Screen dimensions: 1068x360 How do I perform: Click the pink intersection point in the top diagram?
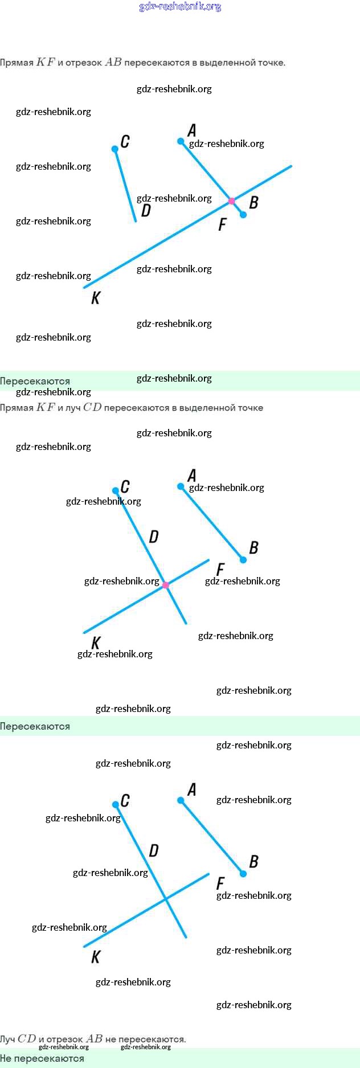point(231,201)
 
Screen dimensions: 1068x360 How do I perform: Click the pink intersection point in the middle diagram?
point(166,585)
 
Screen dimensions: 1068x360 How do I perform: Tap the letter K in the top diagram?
point(96,297)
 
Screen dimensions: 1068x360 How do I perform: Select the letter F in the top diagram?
point(222,224)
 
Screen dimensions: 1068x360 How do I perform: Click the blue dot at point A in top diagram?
point(181,141)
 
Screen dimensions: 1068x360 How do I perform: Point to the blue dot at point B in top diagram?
point(243,215)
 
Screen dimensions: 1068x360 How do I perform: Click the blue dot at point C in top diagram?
point(115,149)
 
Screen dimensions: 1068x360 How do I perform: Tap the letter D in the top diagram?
point(146,211)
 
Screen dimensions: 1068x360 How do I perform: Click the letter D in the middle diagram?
point(153,537)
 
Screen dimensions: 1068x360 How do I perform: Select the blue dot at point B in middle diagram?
point(243,560)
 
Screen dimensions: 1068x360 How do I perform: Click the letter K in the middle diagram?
point(96,643)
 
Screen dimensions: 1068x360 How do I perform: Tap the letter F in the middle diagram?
point(220,569)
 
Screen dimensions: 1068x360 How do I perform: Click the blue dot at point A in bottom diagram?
point(181,800)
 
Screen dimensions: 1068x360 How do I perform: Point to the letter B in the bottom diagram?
point(253,861)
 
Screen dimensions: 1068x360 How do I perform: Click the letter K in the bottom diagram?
point(96,957)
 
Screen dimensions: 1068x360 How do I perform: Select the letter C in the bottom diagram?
point(125,800)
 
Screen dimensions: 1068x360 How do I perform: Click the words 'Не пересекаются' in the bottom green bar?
point(42,1058)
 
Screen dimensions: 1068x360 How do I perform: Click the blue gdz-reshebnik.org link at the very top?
point(180,7)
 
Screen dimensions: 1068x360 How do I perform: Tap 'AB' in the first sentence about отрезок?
point(113,62)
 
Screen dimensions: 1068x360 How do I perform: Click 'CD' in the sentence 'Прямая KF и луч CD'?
point(92,407)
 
